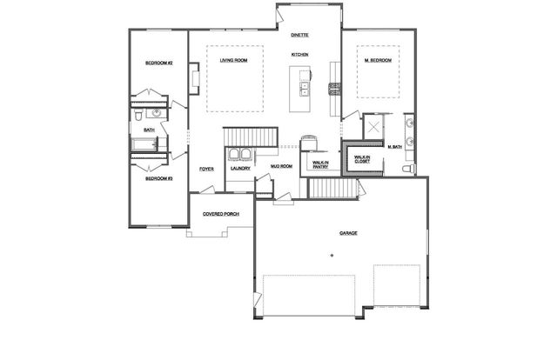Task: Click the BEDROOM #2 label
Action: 159,63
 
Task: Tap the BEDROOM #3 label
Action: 159,178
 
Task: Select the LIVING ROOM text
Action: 234,60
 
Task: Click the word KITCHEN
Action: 300,55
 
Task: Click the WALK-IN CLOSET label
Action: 361,159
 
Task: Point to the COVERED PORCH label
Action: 221,213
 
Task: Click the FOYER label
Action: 206,169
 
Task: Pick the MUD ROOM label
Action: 280,165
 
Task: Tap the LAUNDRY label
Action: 240,169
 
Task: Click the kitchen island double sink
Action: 305,87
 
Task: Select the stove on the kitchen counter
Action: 332,86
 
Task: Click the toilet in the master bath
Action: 413,167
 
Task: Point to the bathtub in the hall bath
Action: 146,145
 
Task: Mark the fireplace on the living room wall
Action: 194,81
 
